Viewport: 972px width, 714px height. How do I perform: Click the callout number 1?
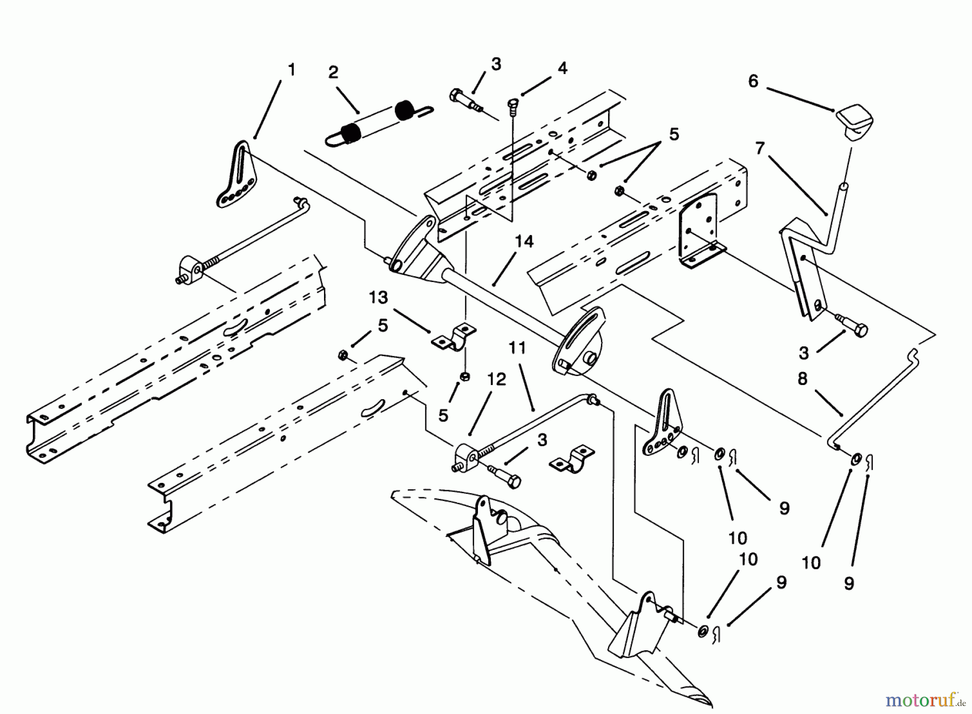(292, 70)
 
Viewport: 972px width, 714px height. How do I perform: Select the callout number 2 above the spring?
(333, 72)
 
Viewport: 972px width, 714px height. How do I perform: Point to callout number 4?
(562, 68)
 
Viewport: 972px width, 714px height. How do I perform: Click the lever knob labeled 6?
(855, 124)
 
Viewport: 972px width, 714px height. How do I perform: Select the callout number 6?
(753, 81)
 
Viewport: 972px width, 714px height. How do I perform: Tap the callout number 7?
(760, 148)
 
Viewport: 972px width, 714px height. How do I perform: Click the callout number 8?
(802, 379)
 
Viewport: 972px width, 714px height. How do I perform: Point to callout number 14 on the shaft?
(523, 241)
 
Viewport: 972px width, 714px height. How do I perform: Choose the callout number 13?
(379, 298)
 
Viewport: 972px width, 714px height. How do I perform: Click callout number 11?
(517, 348)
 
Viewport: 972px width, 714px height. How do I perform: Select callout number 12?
(496, 379)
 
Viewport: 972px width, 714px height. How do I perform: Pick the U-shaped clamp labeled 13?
(453, 337)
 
